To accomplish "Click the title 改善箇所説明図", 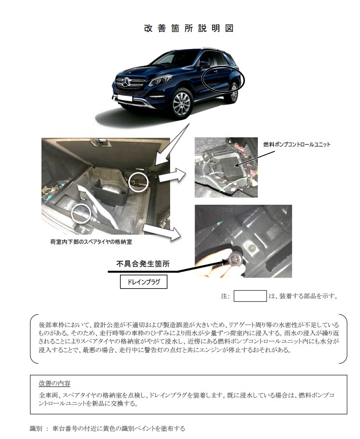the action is pos(189,28).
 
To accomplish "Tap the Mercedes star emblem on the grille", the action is pos(126,82).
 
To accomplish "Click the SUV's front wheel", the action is pos(182,104).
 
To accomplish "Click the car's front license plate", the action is pos(124,98).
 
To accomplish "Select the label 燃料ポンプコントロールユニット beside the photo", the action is pos(297,145).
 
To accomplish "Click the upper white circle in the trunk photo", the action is pos(138,182).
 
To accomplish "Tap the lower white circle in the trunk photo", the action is pos(80,213).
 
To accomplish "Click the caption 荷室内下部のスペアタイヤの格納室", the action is pos(91,241).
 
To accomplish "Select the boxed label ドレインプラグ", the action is pos(144,282).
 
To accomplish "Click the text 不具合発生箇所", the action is pos(143,264).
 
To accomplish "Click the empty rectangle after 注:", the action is pos(250,296).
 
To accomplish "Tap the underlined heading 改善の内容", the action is pos(54,383).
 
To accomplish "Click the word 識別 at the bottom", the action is pos(36,428).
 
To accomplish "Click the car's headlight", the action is pos(159,81).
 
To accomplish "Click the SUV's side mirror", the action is pos(204,63).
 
